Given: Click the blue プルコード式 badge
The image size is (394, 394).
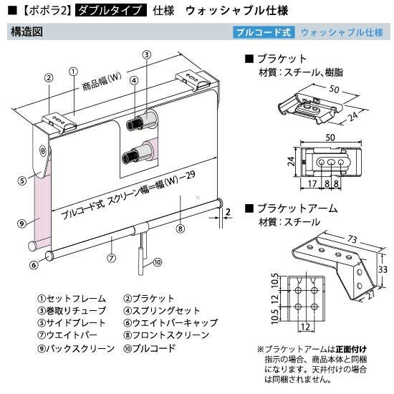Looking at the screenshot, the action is click(264, 32).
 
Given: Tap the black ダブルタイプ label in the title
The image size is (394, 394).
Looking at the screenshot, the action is click(111, 11).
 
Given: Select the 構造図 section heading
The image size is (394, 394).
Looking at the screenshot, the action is click(27, 32).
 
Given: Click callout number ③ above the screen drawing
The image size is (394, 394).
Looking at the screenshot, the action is click(147, 54).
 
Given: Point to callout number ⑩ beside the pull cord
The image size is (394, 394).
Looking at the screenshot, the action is click(158, 263).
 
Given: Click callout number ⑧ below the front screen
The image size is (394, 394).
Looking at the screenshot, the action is click(180, 229).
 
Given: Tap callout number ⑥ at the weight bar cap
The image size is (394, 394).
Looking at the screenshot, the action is click(34, 264).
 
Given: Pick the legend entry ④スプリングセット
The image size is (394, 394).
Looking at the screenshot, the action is click(162, 311).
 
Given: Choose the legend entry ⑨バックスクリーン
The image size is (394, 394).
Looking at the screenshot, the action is click(76, 349).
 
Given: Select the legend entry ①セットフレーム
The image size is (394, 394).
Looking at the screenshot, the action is click(72, 299).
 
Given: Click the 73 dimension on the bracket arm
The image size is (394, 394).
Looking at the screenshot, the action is click(352, 239).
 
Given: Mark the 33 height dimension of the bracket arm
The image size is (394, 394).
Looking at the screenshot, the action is click(383, 269).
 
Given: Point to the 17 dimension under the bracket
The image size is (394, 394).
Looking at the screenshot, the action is click(312, 183).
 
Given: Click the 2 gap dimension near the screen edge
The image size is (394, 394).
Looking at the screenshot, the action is click(228, 212).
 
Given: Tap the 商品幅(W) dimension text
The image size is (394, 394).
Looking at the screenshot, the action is click(102, 82).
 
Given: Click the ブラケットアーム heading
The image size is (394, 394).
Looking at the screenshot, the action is click(297, 208).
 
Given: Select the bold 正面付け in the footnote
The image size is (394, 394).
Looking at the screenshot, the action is click(351, 350).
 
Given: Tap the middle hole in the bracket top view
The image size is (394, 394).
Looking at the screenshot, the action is click(332, 163).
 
